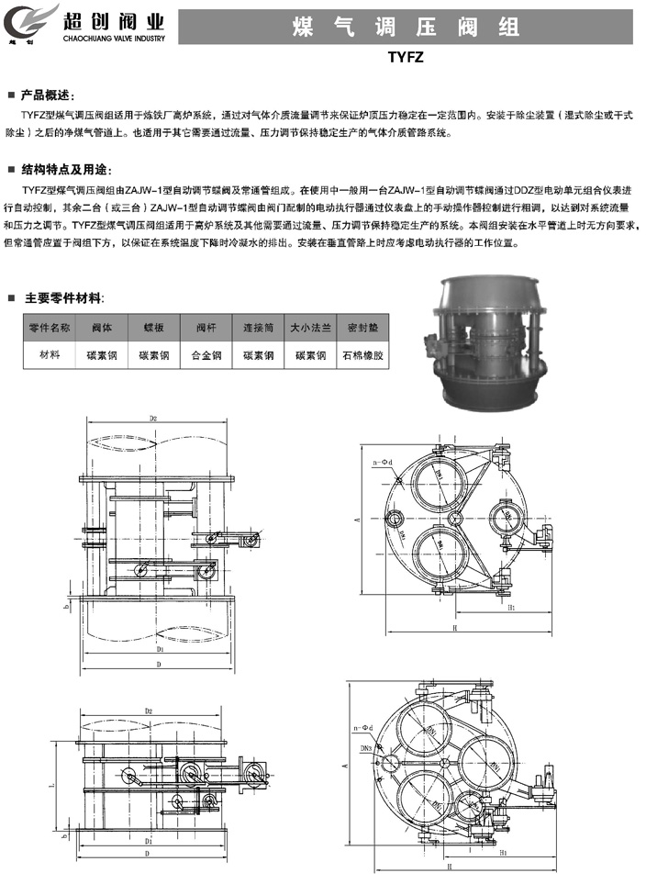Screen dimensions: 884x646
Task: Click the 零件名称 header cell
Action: coord(49,328)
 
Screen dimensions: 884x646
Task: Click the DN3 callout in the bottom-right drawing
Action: coord(365,748)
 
